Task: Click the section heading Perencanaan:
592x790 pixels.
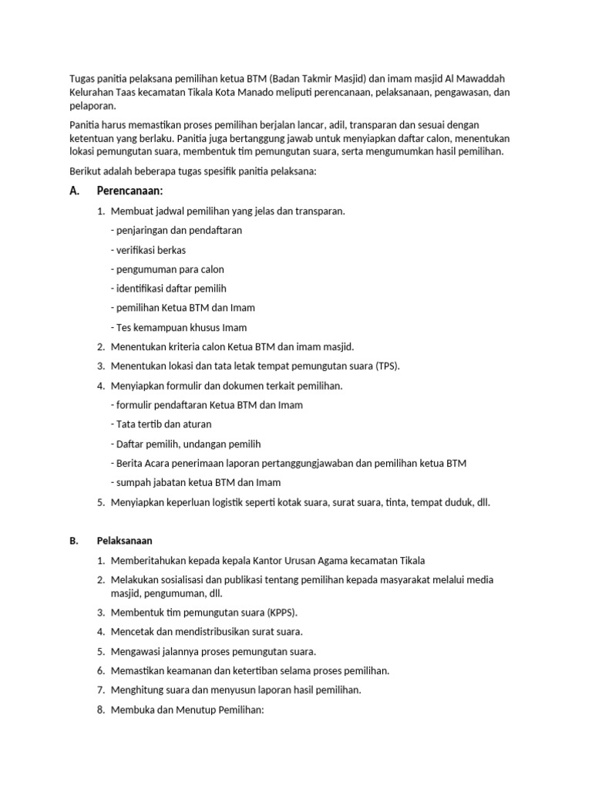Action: click(x=130, y=191)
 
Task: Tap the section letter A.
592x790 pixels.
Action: click(x=74, y=191)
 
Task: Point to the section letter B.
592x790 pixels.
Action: click(x=73, y=541)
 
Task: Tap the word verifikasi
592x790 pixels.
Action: click(x=136, y=250)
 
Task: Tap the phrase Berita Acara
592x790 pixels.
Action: click(x=145, y=463)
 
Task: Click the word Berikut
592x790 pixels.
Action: click(x=86, y=171)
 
